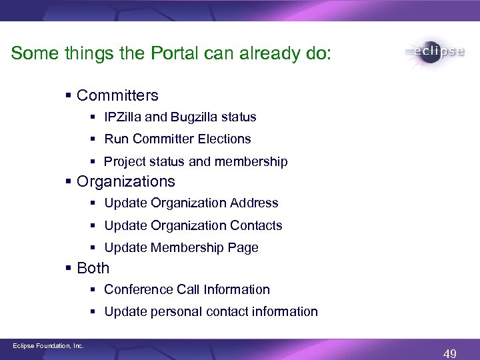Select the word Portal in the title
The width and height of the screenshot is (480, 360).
coord(167,53)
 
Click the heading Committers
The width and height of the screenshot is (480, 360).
coord(117,95)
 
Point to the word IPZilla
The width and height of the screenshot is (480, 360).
coord(123,117)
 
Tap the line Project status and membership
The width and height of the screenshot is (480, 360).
coord(195,162)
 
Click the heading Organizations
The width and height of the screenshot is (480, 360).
coord(126,181)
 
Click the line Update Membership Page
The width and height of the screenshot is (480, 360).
coord(181,248)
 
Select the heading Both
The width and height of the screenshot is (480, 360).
coord(93,268)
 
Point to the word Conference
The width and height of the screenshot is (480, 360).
coord(139,290)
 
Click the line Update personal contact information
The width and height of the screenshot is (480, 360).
coord(211,312)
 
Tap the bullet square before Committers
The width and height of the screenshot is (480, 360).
coord(69,96)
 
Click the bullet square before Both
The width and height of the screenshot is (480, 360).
coord(69,269)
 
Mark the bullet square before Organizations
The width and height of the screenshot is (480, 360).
coord(69,182)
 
